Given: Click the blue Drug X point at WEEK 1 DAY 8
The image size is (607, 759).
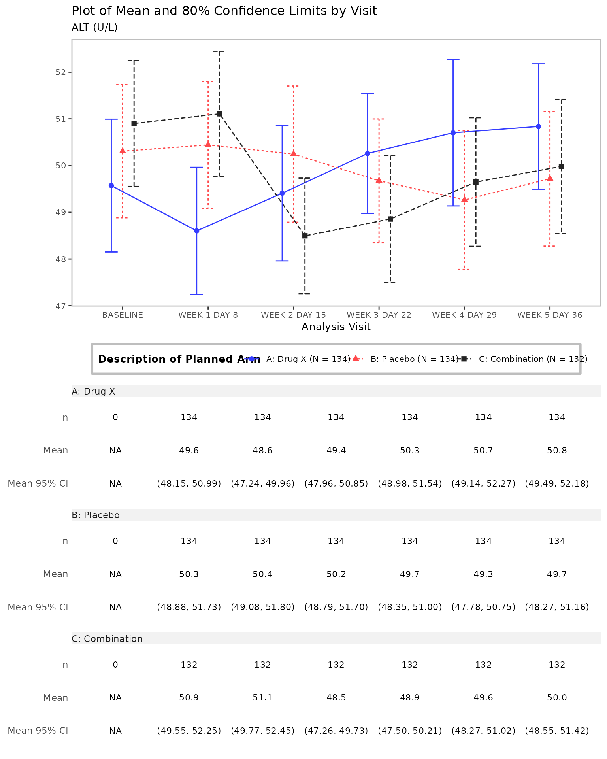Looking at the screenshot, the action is (x=196, y=231).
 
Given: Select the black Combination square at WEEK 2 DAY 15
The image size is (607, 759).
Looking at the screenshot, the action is (x=305, y=236).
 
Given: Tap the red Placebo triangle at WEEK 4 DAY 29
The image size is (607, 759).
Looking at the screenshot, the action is (x=464, y=199).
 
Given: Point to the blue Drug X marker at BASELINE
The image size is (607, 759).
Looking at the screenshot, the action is (x=111, y=185).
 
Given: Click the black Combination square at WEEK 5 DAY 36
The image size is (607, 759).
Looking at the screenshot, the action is (x=561, y=166).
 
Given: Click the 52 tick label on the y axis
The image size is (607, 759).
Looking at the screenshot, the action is (x=61, y=72).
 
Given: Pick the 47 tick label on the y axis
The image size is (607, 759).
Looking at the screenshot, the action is (x=61, y=306).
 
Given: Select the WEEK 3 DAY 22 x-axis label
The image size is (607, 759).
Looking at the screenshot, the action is (x=379, y=315).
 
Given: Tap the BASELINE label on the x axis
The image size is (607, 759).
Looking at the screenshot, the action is (x=123, y=315).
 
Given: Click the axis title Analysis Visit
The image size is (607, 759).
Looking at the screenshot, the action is (x=336, y=327).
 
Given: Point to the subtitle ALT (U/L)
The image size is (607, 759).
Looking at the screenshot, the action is (x=94, y=28).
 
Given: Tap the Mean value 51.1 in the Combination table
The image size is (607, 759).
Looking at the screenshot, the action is (x=262, y=698).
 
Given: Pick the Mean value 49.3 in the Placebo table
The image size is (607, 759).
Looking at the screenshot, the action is (x=483, y=574).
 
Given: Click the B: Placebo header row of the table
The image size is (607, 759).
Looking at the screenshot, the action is (x=336, y=515).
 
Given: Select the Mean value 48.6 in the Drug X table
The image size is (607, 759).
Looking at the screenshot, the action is (x=262, y=451).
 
